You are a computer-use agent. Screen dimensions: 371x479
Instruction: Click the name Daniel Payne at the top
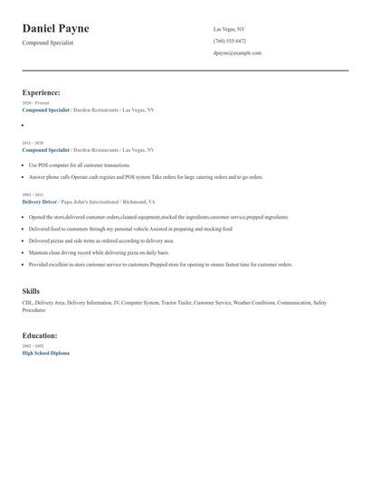tap(55, 29)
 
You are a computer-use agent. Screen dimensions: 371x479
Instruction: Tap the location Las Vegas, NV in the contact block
tap(229, 29)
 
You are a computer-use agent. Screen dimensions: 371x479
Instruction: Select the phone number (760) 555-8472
tap(229, 41)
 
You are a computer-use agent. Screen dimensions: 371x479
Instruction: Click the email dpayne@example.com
tap(237, 53)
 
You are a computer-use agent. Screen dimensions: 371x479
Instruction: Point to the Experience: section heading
tap(41, 92)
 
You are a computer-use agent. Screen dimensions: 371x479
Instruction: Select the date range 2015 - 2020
tap(32, 143)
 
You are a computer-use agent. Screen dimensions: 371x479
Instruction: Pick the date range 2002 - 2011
tap(32, 195)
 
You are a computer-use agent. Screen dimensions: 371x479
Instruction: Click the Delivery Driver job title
tap(40, 202)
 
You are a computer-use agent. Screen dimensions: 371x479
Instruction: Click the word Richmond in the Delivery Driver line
tap(136, 202)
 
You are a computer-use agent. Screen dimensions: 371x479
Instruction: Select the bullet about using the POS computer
tap(79, 165)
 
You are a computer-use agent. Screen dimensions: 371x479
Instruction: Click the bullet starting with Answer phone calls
tap(145, 177)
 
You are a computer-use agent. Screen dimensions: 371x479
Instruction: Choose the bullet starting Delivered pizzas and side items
tap(100, 241)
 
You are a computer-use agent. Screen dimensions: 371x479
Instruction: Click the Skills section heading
tap(31, 291)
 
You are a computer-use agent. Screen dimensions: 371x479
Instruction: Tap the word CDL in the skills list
tap(27, 303)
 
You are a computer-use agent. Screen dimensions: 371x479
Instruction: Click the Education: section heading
tap(40, 335)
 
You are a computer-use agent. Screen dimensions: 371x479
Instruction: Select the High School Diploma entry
tap(45, 353)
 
